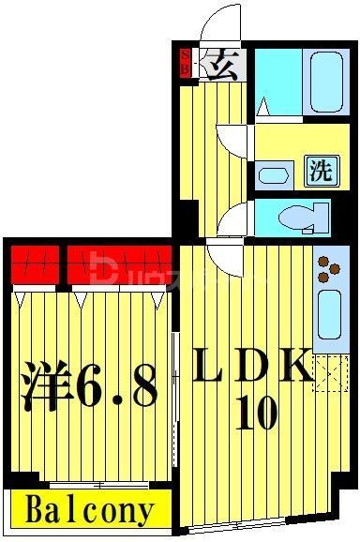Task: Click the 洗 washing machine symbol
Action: click(x=322, y=171)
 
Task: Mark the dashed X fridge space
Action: click(x=329, y=371)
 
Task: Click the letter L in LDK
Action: click(x=213, y=369)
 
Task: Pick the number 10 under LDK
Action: click(x=256, y=413)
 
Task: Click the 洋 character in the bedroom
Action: click(x=46, y=387)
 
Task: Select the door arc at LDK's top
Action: click(x=225, y=252)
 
